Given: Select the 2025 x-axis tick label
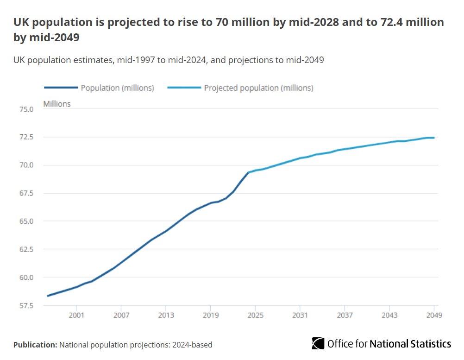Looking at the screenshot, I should (255, 316).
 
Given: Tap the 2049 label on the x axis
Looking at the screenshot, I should (434, 316).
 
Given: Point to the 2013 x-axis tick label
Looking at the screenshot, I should (166, 316).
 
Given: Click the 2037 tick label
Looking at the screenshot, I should (345, 316).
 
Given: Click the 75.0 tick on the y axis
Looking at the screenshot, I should (26, 109).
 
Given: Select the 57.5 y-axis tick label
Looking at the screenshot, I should (26, 306).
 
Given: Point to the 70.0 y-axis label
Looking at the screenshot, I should (26, 165).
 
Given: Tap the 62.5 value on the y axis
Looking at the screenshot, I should (26, 250).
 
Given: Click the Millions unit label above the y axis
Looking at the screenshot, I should (57, 104).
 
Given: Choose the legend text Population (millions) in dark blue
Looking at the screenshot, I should (117, 88).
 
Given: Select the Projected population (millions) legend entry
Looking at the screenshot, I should (258, 88).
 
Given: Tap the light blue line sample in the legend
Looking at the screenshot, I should (184, 88).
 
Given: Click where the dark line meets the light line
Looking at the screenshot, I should (248, 172).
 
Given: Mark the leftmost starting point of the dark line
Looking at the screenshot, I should (48, 296).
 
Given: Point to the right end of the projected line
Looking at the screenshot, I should (434, 138).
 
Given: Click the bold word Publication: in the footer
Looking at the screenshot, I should (35, 345).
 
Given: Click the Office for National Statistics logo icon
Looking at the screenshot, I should (318, 343).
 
